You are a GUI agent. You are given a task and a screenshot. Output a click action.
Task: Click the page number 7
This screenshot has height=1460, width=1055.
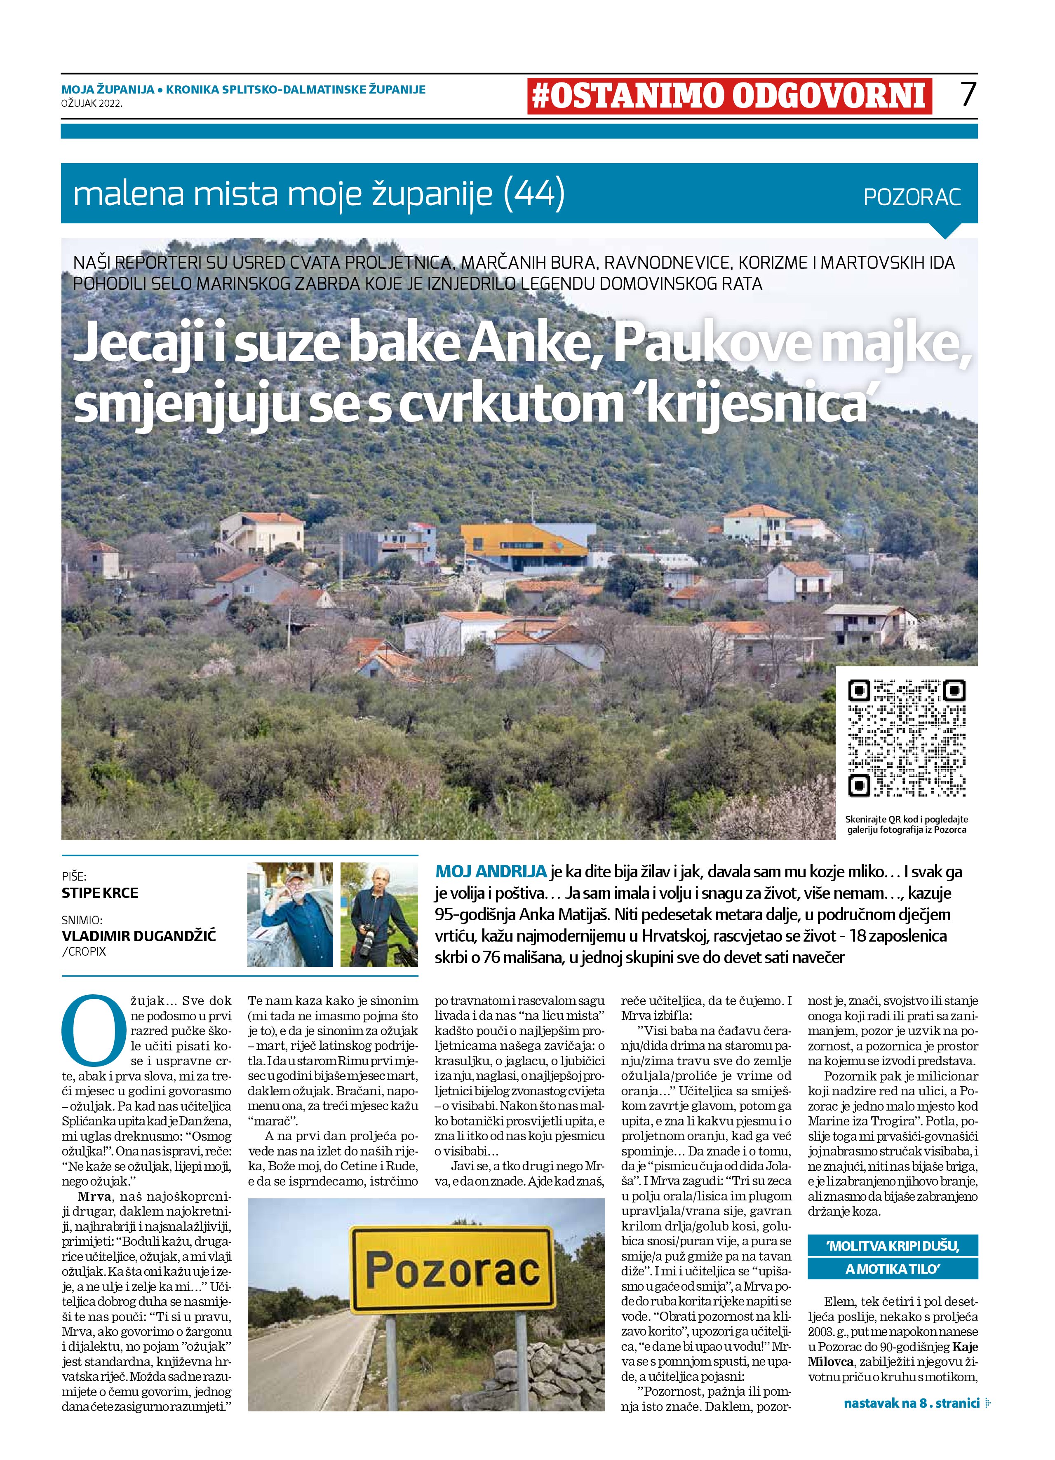click(x=968, y=95)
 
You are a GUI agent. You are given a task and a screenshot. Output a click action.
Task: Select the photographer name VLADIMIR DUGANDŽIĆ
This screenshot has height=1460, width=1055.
click(x=139, y=936)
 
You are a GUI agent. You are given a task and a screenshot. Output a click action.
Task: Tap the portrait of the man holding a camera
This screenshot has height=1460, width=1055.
click(x=379, y=914)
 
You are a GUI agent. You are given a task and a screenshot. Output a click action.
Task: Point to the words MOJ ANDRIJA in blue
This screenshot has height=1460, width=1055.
click(x=491, y=872)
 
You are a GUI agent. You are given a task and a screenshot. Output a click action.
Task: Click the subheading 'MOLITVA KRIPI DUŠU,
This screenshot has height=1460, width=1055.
click(x=892, y=1246)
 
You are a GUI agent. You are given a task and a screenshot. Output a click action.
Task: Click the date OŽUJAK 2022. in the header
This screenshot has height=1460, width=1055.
click(x=92, y=103)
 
